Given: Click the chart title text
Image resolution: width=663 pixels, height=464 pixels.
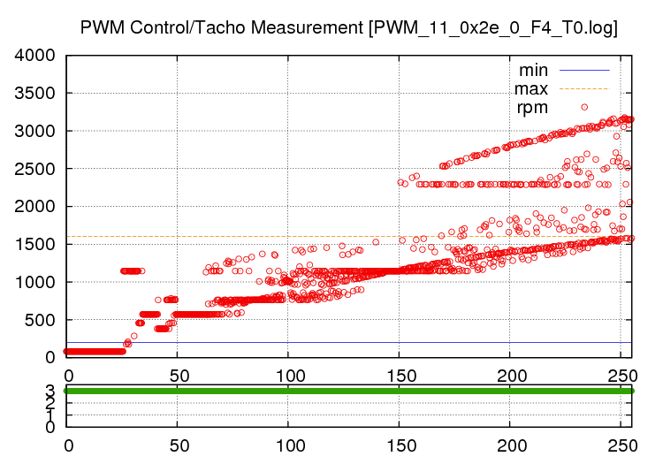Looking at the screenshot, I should (348, 27).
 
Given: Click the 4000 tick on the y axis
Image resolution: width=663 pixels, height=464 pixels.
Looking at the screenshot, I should (35, 56).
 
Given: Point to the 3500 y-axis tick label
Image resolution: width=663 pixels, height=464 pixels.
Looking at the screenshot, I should (35, 94).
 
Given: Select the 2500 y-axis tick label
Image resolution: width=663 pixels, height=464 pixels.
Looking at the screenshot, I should (35, 169).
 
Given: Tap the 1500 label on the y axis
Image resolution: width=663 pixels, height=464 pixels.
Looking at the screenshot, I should (35, 245).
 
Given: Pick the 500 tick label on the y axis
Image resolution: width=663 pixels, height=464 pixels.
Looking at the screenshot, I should (42, 320).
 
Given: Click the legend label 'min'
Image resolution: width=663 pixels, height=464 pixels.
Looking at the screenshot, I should (533, 69).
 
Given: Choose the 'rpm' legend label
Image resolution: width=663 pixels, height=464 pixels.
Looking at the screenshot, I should (532, 108).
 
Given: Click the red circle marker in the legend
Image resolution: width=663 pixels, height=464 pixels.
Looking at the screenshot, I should (584, 107).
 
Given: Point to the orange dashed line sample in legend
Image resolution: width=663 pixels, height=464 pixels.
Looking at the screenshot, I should (584, 88).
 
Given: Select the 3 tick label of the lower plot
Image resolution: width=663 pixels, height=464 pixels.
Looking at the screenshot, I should (50, 390).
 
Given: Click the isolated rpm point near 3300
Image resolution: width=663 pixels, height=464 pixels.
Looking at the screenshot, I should (584, 107).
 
